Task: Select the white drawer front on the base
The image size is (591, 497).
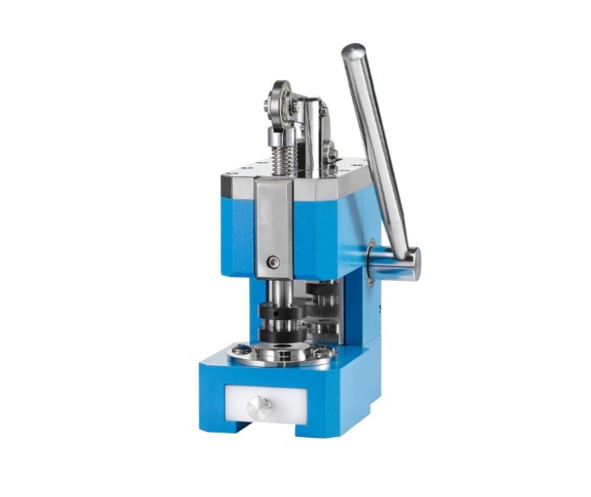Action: click(x=258, y=404)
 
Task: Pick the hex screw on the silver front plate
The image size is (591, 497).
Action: click(x=274, y=263)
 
